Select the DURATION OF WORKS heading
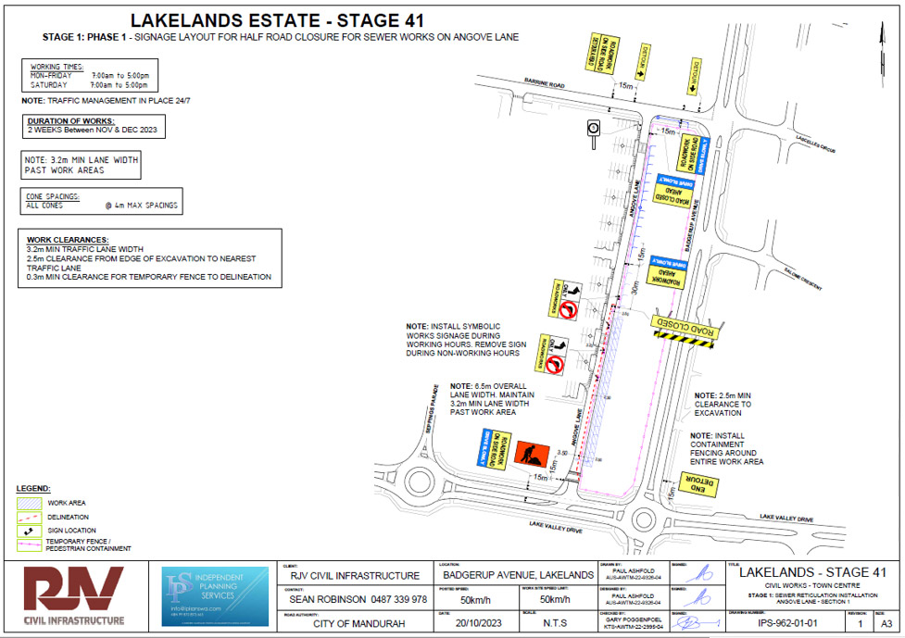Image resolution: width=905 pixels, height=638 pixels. coord(70,121)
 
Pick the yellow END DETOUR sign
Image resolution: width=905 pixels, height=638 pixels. coord(695,482)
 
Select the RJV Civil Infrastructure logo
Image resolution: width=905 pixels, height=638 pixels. coord(74,597)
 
